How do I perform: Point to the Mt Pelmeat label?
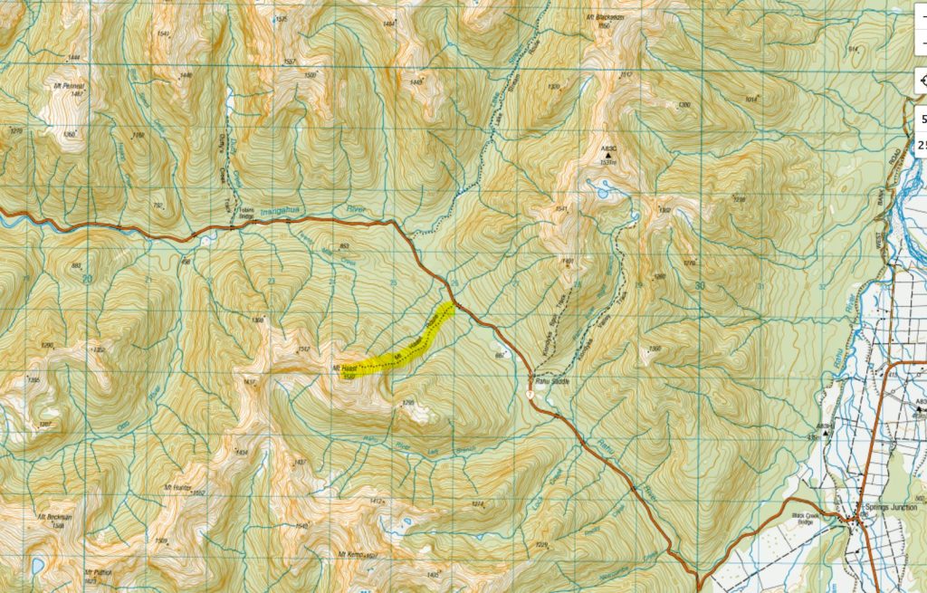(x=69, y=85)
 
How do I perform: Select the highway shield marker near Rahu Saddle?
(x=529, y=393)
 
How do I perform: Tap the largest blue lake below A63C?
(x=598, y=190)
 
